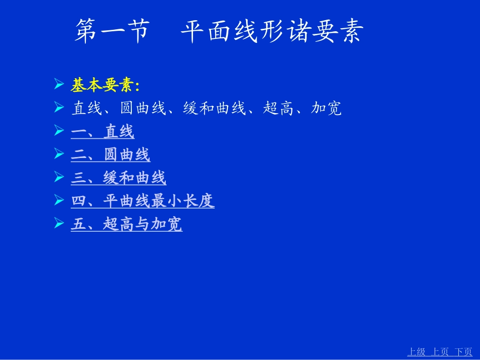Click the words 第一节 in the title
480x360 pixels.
click(x=112, y=32)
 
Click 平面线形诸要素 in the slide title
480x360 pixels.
click(x=272, y=32)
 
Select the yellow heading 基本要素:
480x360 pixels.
click(x=105, y=86)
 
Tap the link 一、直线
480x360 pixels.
click(x=103, y=132)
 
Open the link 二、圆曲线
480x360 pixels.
click(x=111, y=155)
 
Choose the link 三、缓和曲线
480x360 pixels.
click(x=119, y=178)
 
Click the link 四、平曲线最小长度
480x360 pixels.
click(x=143, y=201)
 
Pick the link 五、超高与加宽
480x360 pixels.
click(x=127, y=224)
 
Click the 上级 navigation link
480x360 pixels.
click(x=417, y=352)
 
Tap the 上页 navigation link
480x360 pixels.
click(x=439, y=352)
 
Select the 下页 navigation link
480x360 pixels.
click(x=463, y=352)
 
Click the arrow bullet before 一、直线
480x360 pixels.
click(x=59, y=131)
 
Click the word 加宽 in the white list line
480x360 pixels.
click(x=326, y=109)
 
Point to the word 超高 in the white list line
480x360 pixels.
click(x=278, y=109)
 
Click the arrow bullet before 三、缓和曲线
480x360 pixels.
click(x=59, y=177)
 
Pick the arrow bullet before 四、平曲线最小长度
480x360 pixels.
click(x=59, y=200)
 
